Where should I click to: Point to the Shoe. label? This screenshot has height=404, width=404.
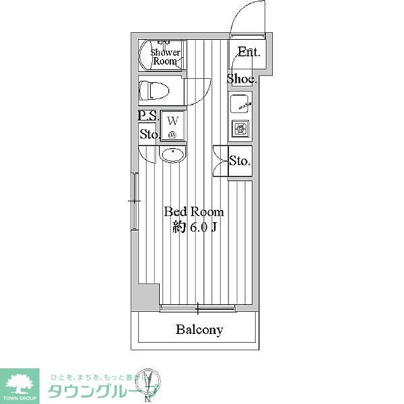click(241, 79)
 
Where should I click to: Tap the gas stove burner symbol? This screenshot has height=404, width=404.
click(241, 128)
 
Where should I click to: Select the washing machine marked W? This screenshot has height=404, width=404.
click(172, 125)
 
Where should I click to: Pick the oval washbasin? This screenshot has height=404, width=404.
click(172, 155)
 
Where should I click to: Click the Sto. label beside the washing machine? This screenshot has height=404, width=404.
click(149, 134)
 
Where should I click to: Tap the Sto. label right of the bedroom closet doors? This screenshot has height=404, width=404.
click(240, 162)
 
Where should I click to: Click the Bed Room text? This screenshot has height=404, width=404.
click(194, 211)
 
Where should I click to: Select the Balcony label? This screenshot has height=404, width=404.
click(199, 330)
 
